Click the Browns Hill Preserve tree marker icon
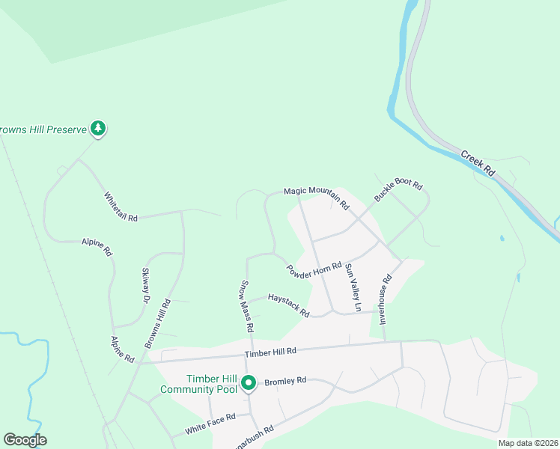[x=97, y=129]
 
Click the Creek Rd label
[x=478, y=162]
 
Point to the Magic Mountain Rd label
[x=317, y=197]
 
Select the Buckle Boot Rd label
[x=398, y=192]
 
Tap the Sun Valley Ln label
[x=353, y=287]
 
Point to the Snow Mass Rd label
[x=247, y=306]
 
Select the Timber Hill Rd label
[x=270, y=352]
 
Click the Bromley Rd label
[x=284, y=381]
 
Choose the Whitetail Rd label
[x=121, y=207]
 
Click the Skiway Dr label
[x=146, y=287]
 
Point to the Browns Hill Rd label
[x=159, y=324]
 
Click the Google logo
[x=25, y=440]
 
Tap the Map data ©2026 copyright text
[x=528, y=443]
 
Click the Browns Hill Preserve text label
[x=43, y=129]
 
